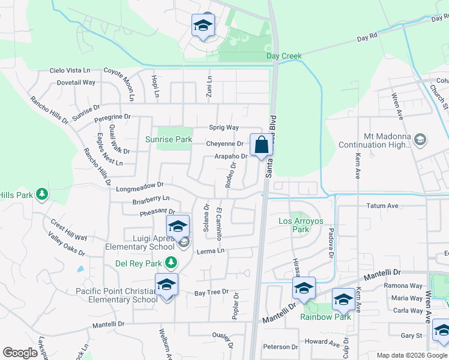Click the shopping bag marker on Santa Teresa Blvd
261,145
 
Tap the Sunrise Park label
169,140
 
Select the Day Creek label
284,56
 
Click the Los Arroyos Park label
301,225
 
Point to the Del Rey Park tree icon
172,263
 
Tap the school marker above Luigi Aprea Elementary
178,227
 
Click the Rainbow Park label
325,317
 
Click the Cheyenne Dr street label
224,144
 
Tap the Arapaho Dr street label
231,157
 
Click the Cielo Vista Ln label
73,70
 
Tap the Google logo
20,353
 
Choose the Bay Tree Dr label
211,292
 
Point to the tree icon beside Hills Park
41,193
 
